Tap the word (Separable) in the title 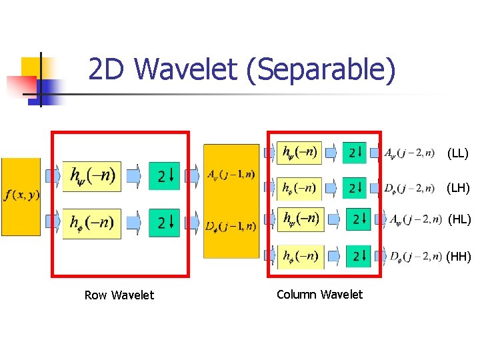321,70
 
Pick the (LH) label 458,188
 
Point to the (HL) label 459,219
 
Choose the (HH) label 459,255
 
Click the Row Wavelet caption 119,295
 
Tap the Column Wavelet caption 319,294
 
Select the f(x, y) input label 21,195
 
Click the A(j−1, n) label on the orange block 231,175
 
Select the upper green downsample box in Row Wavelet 165,176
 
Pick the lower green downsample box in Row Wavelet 165,223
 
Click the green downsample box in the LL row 355,153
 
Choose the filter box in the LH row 299,187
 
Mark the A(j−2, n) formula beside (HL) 415,219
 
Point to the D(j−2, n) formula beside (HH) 415,255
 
